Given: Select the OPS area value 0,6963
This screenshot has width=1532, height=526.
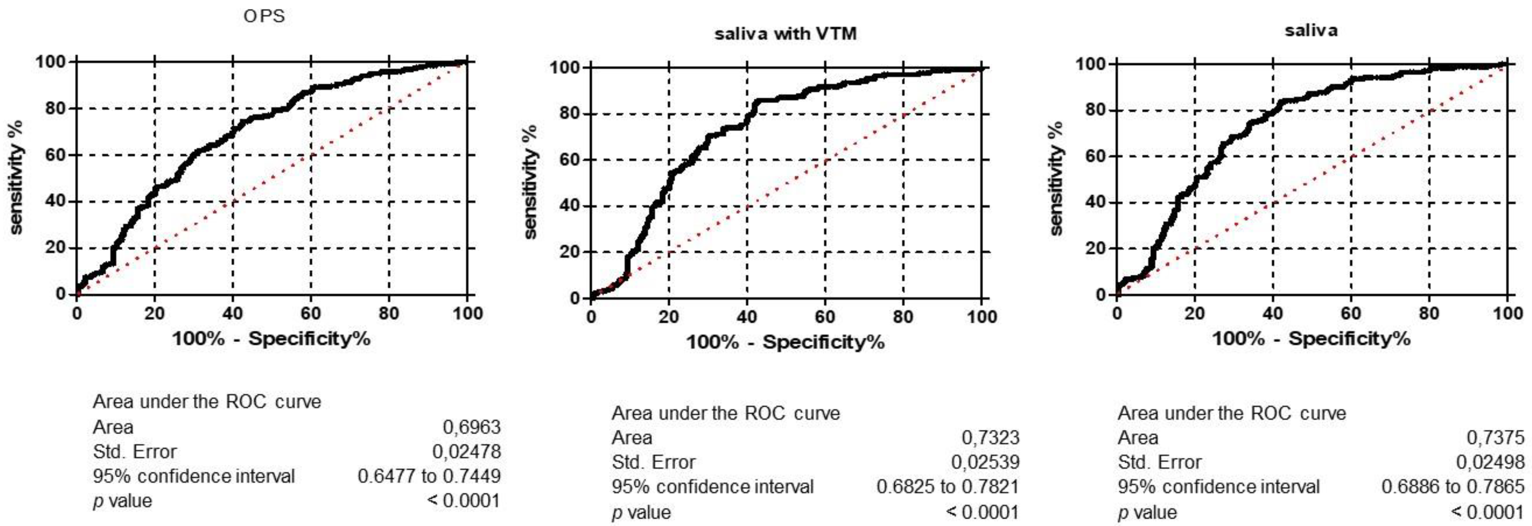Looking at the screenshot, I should pos(471,427).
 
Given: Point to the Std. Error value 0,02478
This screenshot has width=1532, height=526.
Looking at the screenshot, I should pos(466,452).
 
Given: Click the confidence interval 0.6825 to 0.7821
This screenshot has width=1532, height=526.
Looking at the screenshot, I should pos(948,487).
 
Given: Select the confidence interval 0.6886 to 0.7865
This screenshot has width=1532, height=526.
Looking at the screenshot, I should pos(1453,487).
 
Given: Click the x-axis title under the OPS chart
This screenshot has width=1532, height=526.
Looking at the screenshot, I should pos(271,339).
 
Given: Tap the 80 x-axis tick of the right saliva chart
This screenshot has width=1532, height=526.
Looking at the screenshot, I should pos(1429,314).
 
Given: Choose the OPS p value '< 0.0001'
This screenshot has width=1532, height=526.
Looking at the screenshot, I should pos(464,501).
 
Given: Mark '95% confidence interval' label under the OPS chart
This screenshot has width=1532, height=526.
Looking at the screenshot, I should pos(194,476).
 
